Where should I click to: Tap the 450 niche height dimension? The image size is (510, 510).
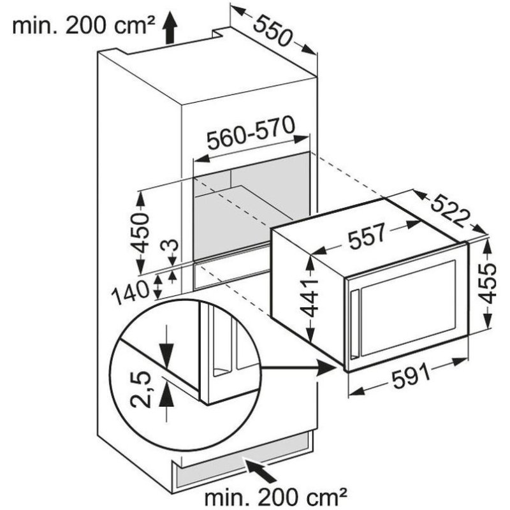tap(141, 233)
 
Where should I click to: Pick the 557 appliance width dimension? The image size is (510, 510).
tap(367, 235)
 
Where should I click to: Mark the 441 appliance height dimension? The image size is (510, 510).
tap(309, 298)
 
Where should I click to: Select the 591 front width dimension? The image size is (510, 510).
tap(411, 377)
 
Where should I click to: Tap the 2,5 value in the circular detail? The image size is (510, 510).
tap(141, 390)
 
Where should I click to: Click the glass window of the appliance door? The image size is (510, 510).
tap(409, 308)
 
